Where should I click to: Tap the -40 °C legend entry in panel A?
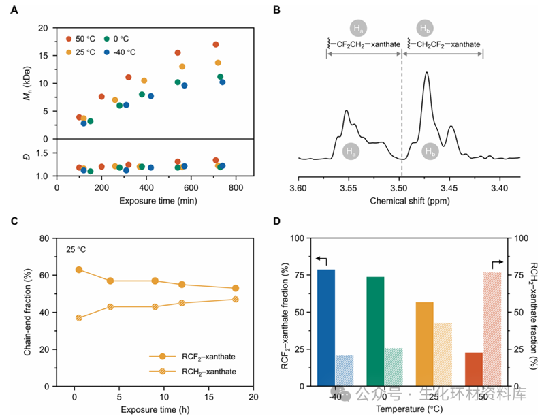tap(126, 52)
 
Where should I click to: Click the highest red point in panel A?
tap(216, 44)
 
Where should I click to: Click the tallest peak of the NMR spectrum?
tap(427, 74)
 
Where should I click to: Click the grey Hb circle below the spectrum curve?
tap(429, 150)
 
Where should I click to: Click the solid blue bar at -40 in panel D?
tap(326, 327)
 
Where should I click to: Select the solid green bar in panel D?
tap(375, 331)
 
